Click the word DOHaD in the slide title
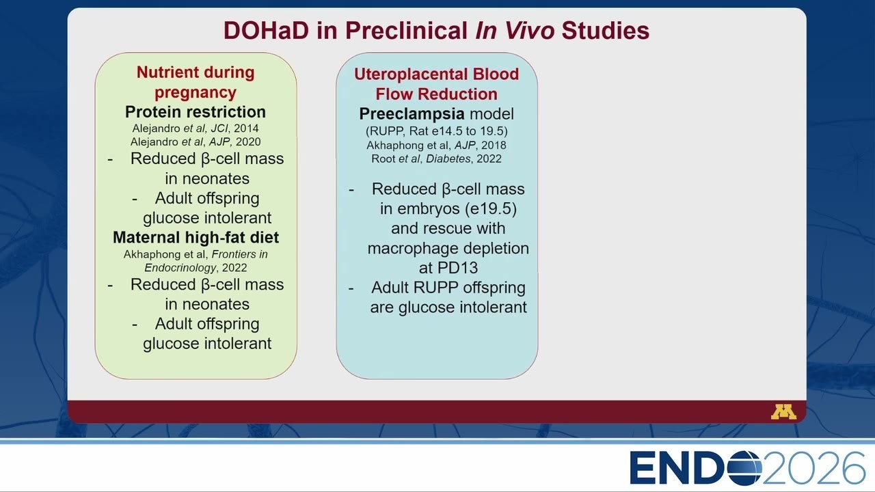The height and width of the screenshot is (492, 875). (x=266, y=31)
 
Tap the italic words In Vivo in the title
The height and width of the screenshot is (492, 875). (x=515, y=31)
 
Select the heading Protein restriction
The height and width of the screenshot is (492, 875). (x=196, y=112)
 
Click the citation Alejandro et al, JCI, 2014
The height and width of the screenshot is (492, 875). (x=196, y=128)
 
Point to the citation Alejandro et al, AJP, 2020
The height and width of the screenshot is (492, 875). (x=196, y=141)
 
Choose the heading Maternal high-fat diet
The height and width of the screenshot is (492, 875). (x=196, y=237)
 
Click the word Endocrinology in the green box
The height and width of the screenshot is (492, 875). (x=180, y=268)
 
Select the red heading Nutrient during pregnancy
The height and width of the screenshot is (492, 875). (x=196, y=83)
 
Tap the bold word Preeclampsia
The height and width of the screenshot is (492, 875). (x=412, y=114)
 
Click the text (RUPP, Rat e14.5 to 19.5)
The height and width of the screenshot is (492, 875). (x=437, y=131)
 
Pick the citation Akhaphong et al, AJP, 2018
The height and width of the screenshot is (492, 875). (x=436, y=146)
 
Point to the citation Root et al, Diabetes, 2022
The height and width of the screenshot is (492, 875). (x=436, y=159)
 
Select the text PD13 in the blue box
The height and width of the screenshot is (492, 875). (x=457, y=268)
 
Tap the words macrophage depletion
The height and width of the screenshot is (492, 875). (x=448, y=248)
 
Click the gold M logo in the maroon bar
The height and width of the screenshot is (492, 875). (x=783, y=412)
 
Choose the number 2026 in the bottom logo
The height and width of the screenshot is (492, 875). (x=813, y=468)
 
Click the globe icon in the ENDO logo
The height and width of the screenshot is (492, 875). (x=744, y=468)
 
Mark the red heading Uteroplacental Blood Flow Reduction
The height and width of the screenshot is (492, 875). (x=436, y=84)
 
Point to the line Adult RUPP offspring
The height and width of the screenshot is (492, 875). (x=448, y=288)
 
